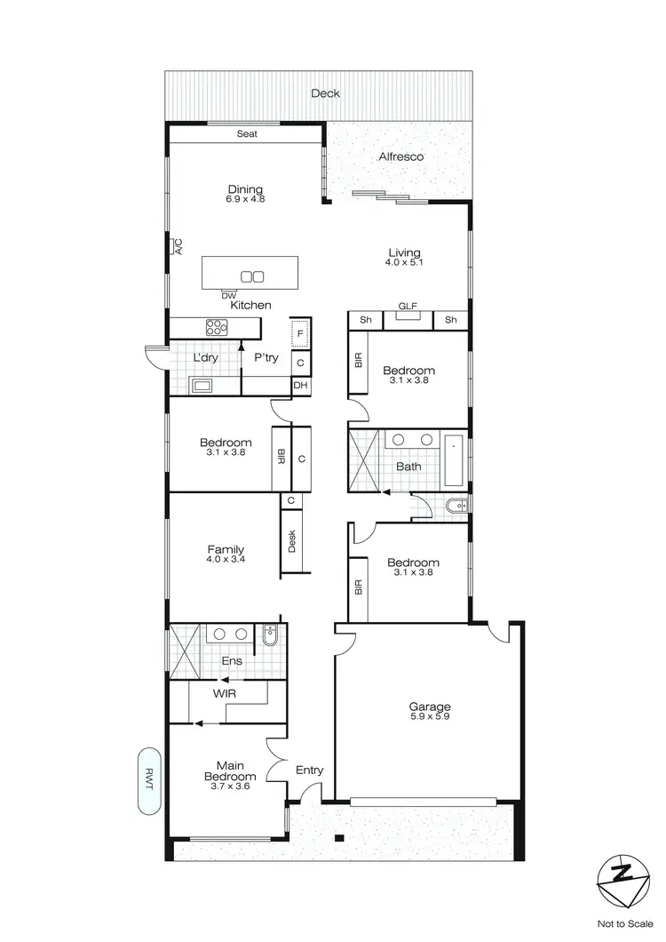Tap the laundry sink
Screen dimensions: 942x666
202,385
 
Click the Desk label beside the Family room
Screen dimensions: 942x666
290,541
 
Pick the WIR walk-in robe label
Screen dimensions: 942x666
224,692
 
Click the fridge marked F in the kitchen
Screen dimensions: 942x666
300,333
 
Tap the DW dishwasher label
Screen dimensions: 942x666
229,295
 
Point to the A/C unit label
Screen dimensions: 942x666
178,246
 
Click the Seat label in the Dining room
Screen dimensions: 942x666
247,134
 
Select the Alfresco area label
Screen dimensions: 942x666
401,156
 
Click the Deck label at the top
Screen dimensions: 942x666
325,93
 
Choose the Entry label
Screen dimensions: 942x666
309,770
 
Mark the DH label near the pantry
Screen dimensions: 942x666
301,385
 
